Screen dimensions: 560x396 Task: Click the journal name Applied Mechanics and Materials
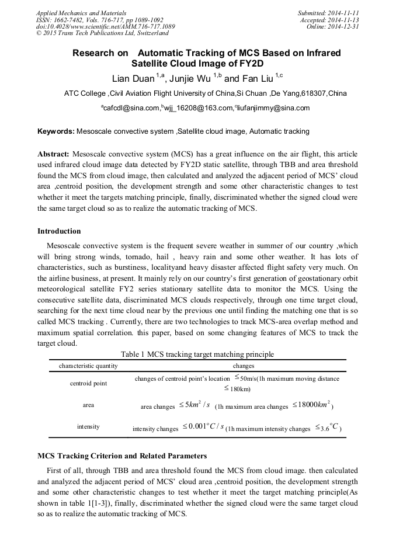81,13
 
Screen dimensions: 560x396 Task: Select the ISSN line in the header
99,20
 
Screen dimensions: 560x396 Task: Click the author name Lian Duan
133,79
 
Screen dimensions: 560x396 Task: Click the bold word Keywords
56,132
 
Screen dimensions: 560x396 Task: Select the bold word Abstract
54,155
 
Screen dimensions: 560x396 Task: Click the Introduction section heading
59,231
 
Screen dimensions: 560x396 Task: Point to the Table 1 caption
197,354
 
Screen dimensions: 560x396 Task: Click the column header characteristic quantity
88,366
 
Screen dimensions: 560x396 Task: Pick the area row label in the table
88,405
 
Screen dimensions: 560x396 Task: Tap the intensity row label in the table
88,427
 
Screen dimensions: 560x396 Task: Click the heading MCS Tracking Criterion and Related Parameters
121,456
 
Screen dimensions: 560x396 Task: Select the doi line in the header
106,27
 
